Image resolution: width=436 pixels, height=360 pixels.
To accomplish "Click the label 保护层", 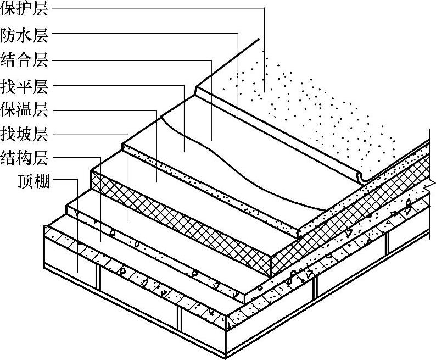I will pyautogui.click(x=24, y=9).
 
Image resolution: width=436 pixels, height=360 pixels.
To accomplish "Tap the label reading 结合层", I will pyautogui.click(x=24, y=59).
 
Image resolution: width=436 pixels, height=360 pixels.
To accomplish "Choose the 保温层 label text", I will pyautogui.click(x=24, y=109).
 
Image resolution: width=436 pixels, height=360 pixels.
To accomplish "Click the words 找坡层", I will pyautogui.click(x=24, y=134).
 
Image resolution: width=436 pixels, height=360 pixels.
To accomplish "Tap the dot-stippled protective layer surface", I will pyautogui.click(x=308, y=110).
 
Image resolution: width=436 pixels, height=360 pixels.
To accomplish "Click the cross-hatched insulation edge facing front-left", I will pyautogui.click(x=181, y=220).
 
